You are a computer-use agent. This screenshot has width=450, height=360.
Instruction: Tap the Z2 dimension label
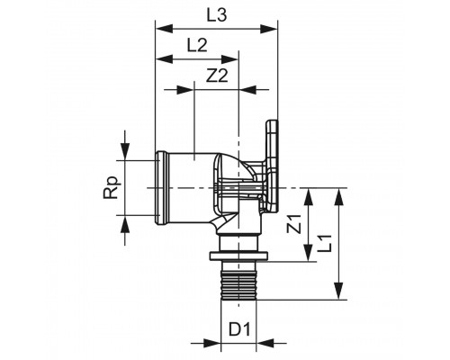[x=217, y=78]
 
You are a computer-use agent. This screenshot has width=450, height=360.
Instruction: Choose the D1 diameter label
[x=238, y=329]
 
